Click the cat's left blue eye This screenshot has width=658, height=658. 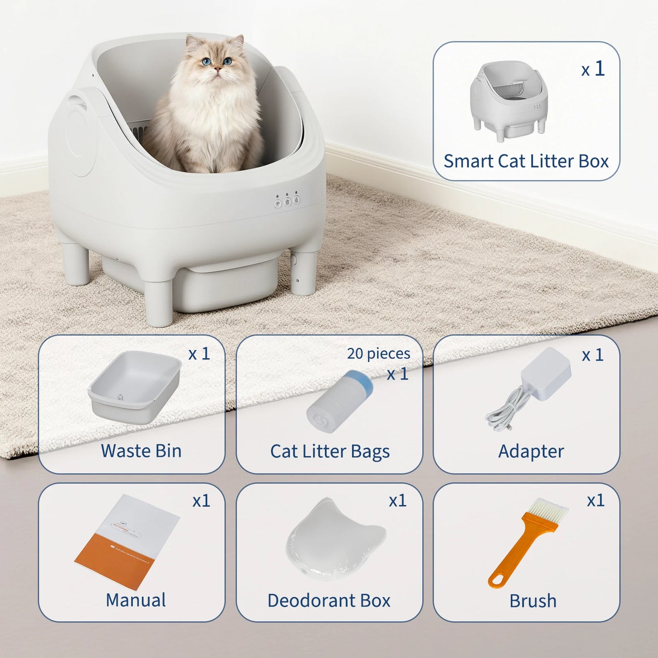(207, 61)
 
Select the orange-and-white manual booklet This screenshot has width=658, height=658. (128, 542)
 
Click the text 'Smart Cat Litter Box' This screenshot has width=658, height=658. (526, 161)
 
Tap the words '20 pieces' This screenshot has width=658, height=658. (378, 353)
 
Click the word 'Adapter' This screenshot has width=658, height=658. (531, 451)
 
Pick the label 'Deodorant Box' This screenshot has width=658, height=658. (329, 600)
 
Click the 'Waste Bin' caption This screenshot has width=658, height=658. (141, 451)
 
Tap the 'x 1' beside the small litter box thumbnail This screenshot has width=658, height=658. (593, 69)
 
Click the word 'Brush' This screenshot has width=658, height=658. (533, 601)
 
